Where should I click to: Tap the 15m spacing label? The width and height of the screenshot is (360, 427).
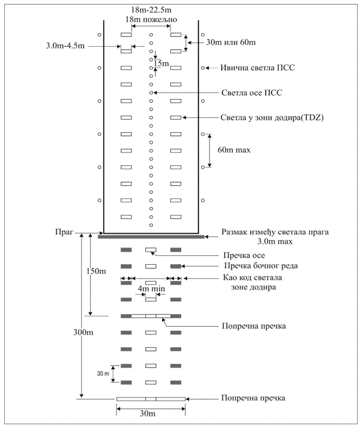tap(161, 63)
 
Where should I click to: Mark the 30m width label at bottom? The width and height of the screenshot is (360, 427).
tap(151, 414)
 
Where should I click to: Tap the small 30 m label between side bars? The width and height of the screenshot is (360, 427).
tap(104, 373)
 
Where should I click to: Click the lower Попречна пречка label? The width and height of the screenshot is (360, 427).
tap(253, 398)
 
